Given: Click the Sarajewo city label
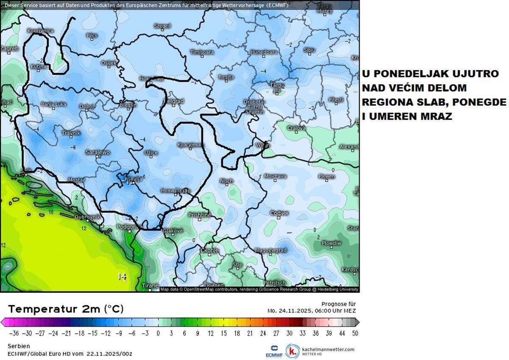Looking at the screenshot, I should (x=98, y=152).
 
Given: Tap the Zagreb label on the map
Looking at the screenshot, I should (x=9, y=48).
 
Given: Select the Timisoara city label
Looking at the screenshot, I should (x=202, y=52).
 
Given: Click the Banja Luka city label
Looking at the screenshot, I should (x=54, y=104).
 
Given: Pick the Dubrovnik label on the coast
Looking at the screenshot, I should (x=87, y=217).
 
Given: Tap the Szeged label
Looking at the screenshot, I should (x=162, y=26).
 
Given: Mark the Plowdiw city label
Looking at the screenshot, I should (x=331, y=243).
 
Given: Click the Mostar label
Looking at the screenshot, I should (x=77, y=180).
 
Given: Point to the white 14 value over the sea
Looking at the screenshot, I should (x=122, y=276).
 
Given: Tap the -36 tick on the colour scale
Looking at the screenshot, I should (x=14, y=333).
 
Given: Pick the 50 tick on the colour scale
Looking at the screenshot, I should (x=355, y=333).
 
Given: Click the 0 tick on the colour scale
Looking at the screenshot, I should (x=158, y=333).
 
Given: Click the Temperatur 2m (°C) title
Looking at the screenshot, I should (x=66, y=308).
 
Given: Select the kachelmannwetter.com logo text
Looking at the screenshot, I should (x=327, y=349).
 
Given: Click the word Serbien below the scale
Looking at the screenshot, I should (x=19, y=346).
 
